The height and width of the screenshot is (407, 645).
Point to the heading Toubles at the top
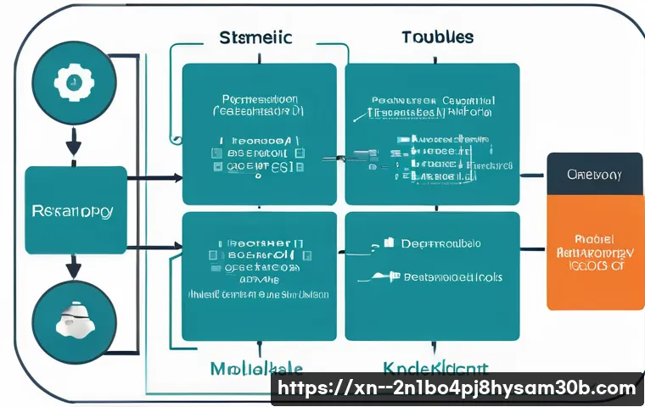click(x=437, y=38)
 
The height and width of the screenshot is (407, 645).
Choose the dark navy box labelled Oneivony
click(x=594, y=175)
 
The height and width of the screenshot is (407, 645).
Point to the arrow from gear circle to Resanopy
click(x=74, y=142)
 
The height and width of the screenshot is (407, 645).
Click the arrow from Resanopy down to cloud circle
click(x=74, y=268)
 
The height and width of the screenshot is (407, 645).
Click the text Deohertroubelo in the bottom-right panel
click(x=441, y=243)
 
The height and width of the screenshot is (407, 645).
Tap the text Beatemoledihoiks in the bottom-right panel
click(x=451, y=277)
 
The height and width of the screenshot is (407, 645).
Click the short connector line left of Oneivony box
click(x=533, y=176)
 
